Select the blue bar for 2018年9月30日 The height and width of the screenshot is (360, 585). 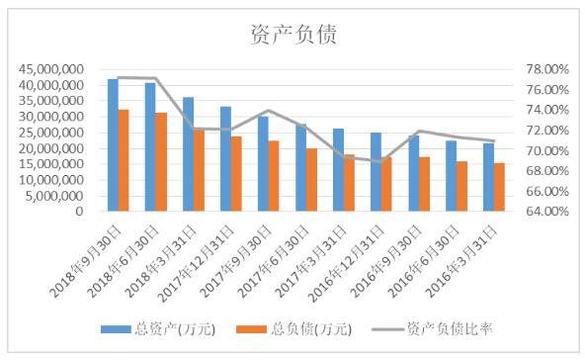tap(113, 144)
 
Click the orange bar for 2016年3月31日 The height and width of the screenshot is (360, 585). tap(499, 187)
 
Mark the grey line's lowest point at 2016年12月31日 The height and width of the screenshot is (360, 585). tap(381, 161)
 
